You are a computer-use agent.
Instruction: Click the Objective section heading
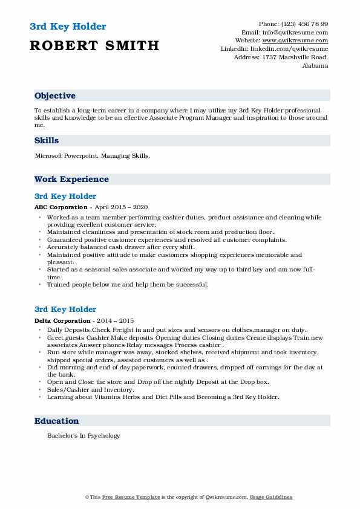[x=55, y=96]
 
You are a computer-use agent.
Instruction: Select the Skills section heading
[x=47, y=140]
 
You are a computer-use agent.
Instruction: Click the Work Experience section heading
[x=71, y=179]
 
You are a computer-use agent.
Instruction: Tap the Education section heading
[x=56, y=421]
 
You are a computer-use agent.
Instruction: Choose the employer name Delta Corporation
[x=62, y=320]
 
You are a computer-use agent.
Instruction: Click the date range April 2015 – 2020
[x=120, y=207]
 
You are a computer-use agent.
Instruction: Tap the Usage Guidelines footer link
[x=272, y=497]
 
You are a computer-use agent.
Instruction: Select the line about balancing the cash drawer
[x=122, y=247]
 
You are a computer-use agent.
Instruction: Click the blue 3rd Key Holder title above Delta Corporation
[x=65, y=310]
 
